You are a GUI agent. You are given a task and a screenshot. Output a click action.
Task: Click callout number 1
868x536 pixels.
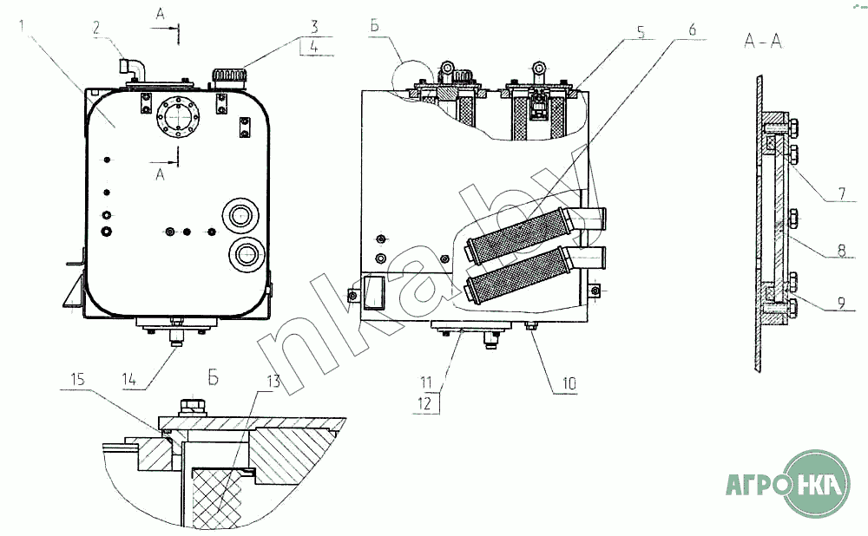pyautogui.click(x=23, y=26)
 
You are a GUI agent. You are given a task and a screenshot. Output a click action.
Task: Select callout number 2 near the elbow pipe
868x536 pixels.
pyautogui.click(x=97, y=28)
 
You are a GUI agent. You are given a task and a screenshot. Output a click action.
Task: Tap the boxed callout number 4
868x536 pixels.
pyautogui.click(x=314, y=47)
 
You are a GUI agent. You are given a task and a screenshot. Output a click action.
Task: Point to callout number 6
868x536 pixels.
pyautogui.click(x=692, y=29)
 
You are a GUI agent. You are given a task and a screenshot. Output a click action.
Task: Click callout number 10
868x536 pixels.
pyautogui.click(x=569, y=382)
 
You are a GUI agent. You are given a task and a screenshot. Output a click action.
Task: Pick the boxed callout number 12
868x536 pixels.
pyautogui.click(x=424, y=403)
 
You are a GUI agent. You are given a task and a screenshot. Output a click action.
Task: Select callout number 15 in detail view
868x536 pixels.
pyautogui.click(x=77, y=379)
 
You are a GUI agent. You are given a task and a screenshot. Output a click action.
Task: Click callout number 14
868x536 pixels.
pyautogui.click(x=129, y=380)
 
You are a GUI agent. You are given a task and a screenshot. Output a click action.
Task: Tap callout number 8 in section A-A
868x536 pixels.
pyautogui.click(x=841, y=251)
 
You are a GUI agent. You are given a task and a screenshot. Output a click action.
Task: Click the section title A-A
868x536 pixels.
pyautogui.click(x=763, y=41)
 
